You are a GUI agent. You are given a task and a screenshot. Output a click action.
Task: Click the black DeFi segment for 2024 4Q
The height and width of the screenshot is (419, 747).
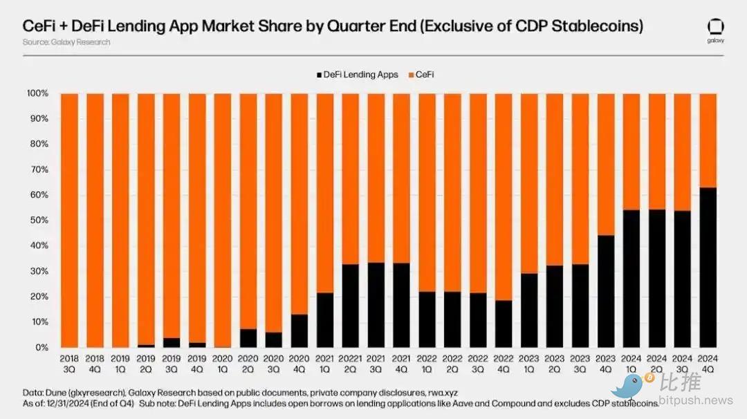click(x=708, y=267)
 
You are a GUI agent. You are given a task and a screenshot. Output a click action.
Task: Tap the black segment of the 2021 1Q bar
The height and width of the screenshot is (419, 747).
click(x=324, y=319)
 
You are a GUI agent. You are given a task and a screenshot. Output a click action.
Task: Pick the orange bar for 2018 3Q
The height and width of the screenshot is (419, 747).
click(x=69, y=220)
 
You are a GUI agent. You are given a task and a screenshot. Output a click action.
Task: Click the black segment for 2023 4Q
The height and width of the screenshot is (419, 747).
click(x=605, y=291)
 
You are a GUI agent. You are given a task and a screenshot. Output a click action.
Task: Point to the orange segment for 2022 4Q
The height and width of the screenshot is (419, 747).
click(x=504, y=196)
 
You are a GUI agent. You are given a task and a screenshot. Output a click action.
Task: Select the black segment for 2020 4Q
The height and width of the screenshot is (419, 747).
click(x=299, y=330)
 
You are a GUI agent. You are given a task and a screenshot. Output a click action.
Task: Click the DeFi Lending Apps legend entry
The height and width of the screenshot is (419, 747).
click(x=357, y=75)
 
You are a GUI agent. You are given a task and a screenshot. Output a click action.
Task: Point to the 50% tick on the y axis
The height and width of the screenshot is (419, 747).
click(x=39, y=221)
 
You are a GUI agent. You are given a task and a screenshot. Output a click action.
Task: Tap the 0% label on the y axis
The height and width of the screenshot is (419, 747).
click(x=41, y=348)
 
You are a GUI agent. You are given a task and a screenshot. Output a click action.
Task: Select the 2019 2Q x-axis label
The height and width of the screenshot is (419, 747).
click(x=146, y=364)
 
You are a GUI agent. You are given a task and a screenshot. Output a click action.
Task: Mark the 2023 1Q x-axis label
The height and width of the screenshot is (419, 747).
click(x=529, y=364)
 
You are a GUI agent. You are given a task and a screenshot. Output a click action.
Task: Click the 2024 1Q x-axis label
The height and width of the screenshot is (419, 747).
click(x=631, y=364)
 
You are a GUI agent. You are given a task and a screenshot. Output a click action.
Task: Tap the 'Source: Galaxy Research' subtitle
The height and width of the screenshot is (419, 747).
click(x=66, y=42)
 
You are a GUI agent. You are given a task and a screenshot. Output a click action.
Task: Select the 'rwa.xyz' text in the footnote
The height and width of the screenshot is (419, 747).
click(x=443, y=391)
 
